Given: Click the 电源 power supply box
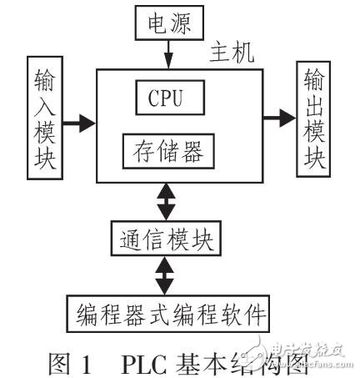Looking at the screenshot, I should [x=169, y=23].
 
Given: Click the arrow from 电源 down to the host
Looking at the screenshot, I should [x=169, y=55].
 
